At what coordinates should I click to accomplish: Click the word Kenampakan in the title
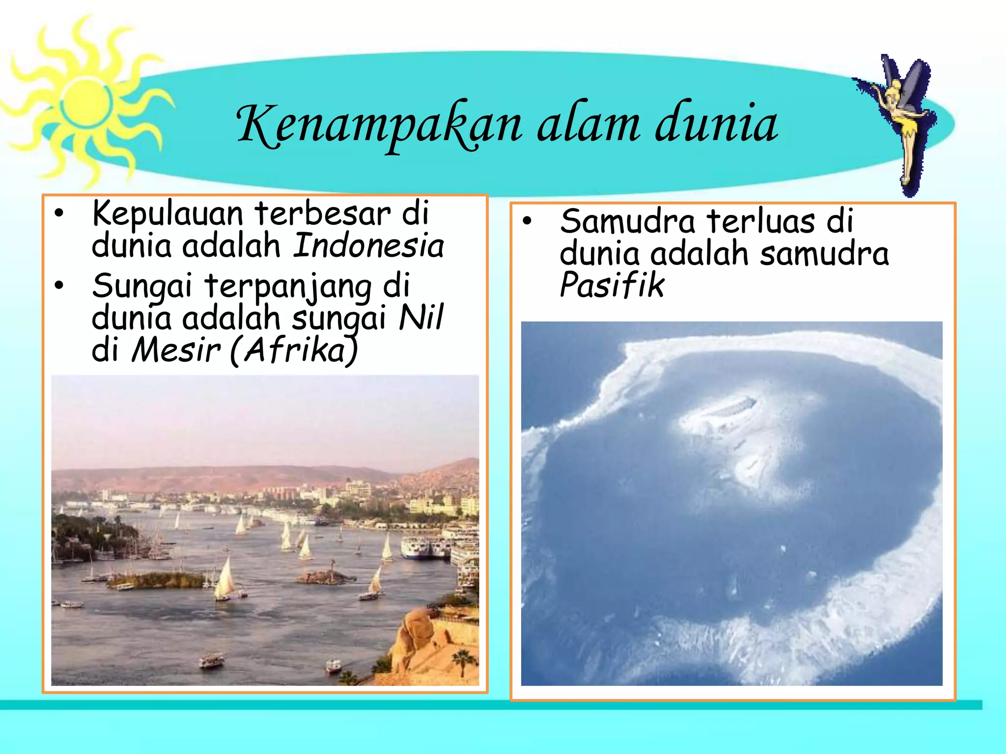(x=378, y=125)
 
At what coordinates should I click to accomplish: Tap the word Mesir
(x=175, y=350)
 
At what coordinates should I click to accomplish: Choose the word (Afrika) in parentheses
(x=294, y=350)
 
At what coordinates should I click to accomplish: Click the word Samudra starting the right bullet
(x=627, y=221)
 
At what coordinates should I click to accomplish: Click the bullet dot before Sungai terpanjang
(x=59, y=286)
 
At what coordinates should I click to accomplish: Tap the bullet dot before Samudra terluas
(x=527, y=221)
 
